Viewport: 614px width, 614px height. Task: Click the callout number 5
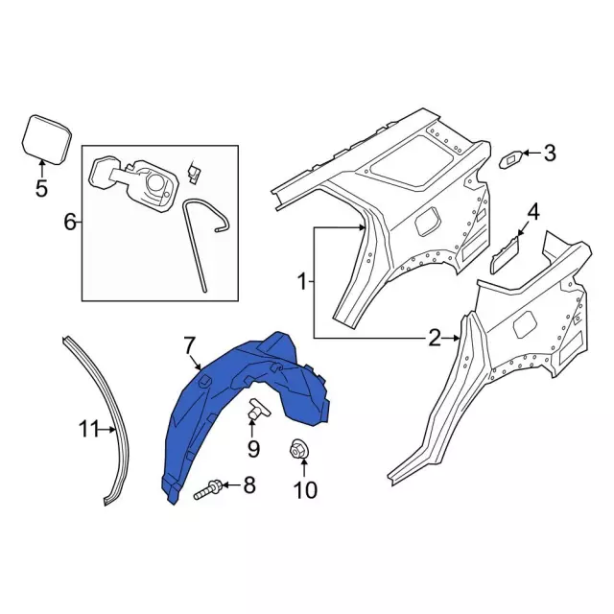pyautogui.click(x=41, y=188)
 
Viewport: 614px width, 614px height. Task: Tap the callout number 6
pyautogui.click(x=70, y=223)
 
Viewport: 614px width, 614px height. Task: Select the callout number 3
pyautogui.click(x=550, y=153)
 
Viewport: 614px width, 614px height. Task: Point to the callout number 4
pyautogui.click(x=533, y=213)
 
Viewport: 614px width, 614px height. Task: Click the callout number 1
pyautogui.click(x=302, y=281)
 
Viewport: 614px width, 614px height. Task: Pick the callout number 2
pyautogui.click(x=435, y=338)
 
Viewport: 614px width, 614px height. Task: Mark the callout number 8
pyautogui.click(x=249, y=484)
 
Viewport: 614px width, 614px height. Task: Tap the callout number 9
pyautogui.click(x=253, y=449)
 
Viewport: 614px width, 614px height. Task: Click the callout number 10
pyautogui.click(x=305, y=489)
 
